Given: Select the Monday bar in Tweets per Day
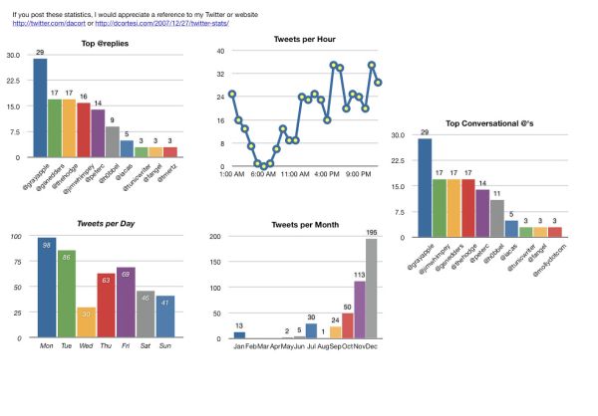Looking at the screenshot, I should tap(46, 288).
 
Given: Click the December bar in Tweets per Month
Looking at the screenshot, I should tap(372, 289).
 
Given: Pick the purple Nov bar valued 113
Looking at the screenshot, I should tap(359, 310).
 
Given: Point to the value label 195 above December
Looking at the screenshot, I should tap(372, 232).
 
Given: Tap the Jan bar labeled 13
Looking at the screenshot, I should tap(239, 335).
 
